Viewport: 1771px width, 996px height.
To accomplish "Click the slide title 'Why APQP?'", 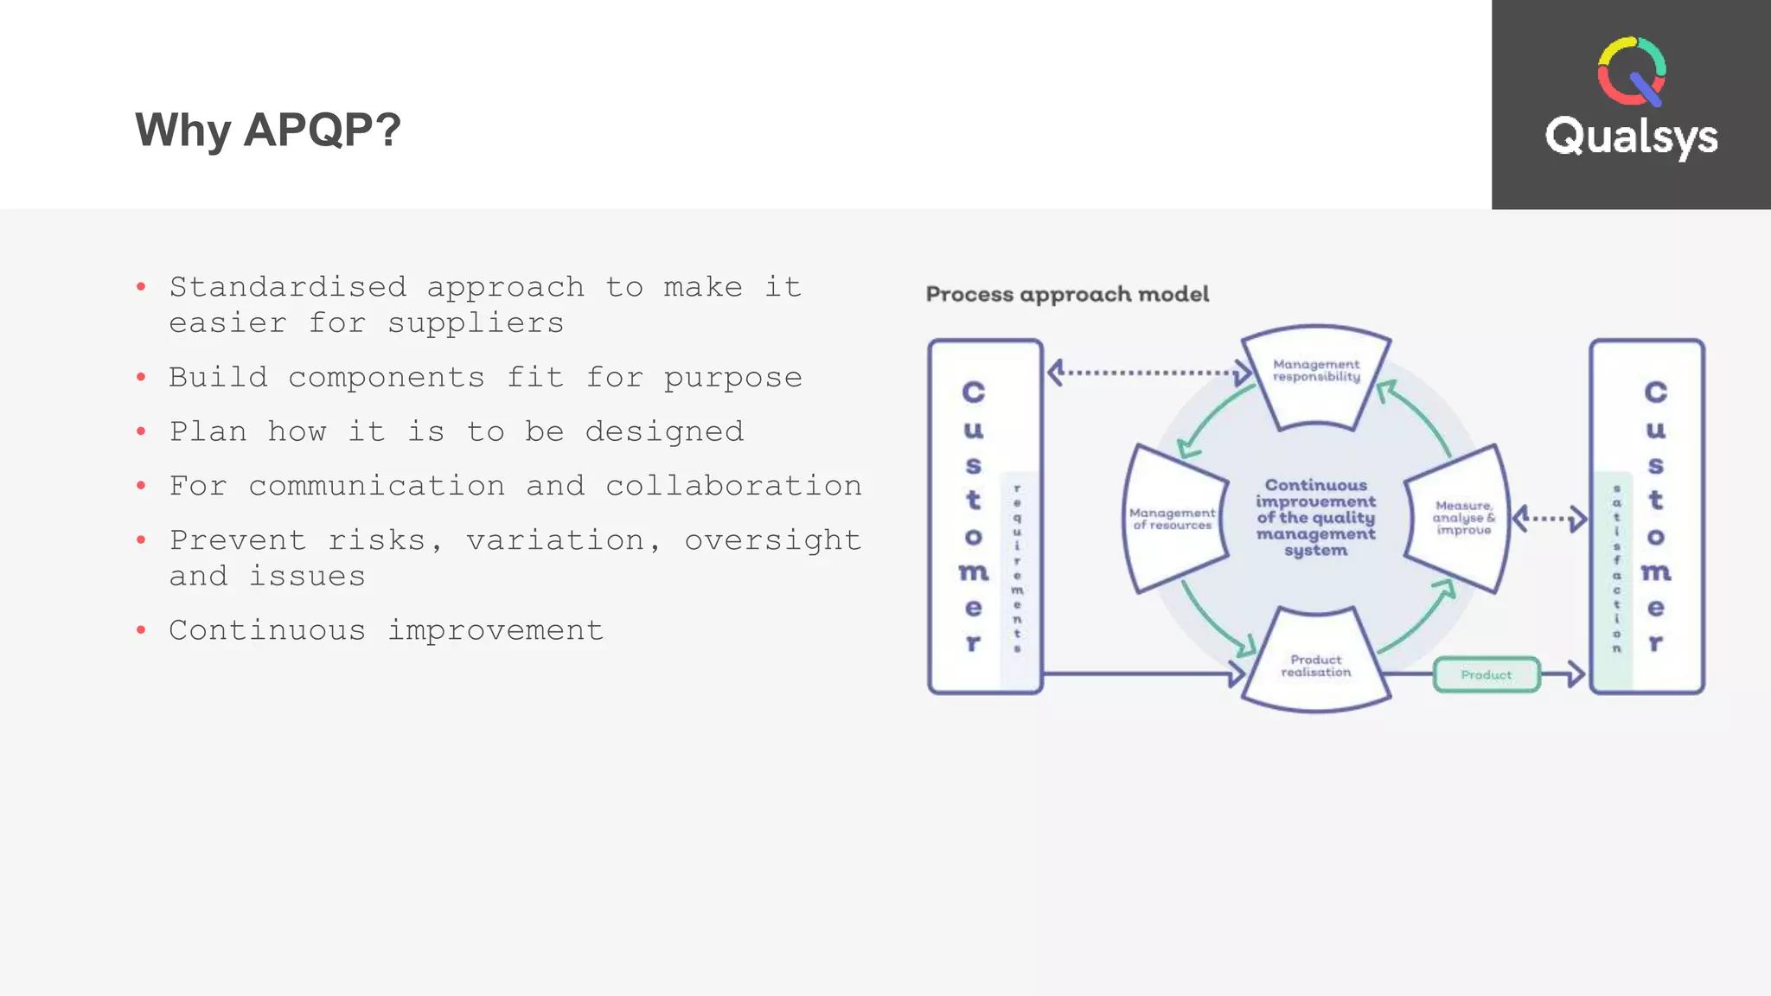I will pos(268,131).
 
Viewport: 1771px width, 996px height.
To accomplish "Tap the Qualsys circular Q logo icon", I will pos(1631,72).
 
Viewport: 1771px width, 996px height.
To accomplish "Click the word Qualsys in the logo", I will pos(1631,137).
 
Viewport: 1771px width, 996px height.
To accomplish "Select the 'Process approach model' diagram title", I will pos(1067,295).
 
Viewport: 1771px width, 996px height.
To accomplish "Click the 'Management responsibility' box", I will pos(1316,376).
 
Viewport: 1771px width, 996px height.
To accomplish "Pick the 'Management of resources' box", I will pos(1172,519).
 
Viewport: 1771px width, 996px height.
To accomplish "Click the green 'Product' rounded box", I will pos(1486,674).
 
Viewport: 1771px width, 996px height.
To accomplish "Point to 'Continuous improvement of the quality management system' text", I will pos(1315,517).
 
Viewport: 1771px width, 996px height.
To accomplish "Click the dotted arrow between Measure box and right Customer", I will pos(1549,519).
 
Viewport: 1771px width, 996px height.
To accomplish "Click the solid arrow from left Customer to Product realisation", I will pos(1141,673).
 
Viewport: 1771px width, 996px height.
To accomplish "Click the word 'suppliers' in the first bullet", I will pos(475,323).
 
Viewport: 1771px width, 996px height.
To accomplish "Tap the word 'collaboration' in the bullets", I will pos(733,486).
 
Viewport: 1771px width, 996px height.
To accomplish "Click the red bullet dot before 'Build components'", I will pos(141,378).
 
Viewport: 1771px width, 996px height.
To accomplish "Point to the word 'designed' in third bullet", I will pos(664,431).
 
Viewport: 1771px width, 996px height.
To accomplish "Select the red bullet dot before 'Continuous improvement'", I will pos(141,630).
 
